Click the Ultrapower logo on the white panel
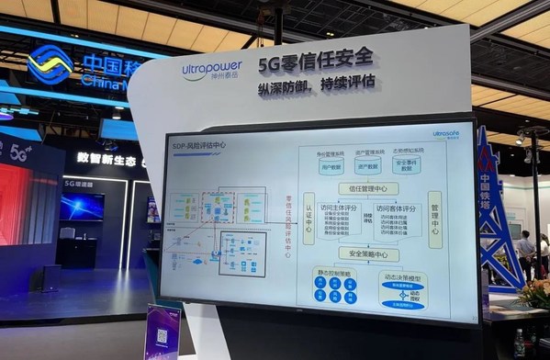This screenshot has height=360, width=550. point(214,70)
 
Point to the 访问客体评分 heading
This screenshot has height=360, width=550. point(396,208)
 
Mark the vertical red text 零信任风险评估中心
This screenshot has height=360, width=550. point(287,220)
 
